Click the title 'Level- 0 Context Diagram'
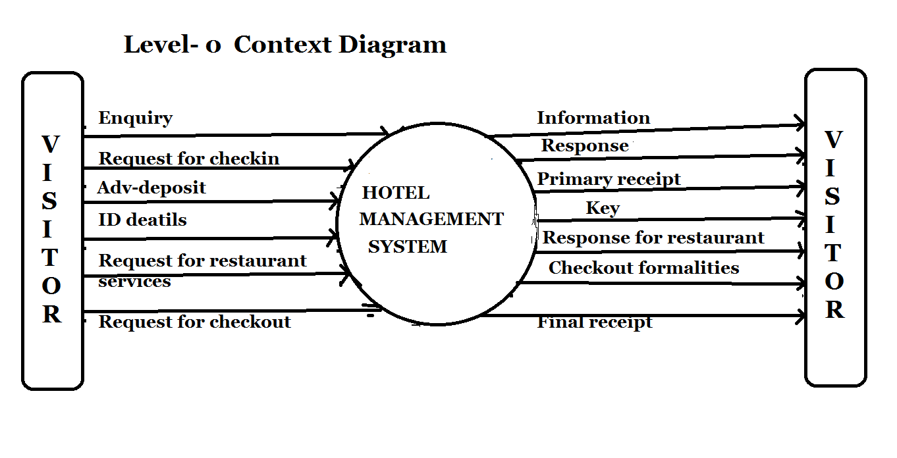tap(285, 45)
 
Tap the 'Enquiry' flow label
tap(135, 118)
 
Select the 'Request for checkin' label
tap(189, 159)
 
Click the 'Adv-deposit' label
tap(151, 188)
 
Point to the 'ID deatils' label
tap(142, 220)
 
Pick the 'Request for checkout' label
tap(194, 322)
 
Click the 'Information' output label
tap(593, 118)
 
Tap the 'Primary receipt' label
tap(609, 179)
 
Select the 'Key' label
tap(603, 209)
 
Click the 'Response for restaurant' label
tap(653, 238)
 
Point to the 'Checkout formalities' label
tap(643, 268)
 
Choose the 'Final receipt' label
tap(594, 322)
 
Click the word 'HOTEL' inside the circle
tap(395, 193)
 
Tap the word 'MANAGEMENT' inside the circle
tap(431, 219)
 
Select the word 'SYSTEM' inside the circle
tap(407, 247)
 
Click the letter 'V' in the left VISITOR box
tap(51, 143)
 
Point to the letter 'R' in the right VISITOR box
tap(834, 309)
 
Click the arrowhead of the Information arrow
tap(800, 124)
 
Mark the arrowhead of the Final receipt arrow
tap(800, 317)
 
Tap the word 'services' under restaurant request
tap(134, 282)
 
